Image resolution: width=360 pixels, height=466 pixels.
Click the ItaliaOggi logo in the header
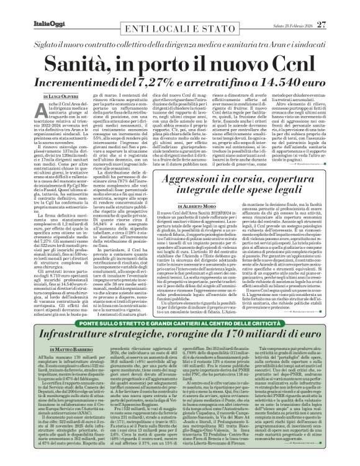(x=29, y=7)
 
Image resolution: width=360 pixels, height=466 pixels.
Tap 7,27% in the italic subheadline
(x=166, y=65)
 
